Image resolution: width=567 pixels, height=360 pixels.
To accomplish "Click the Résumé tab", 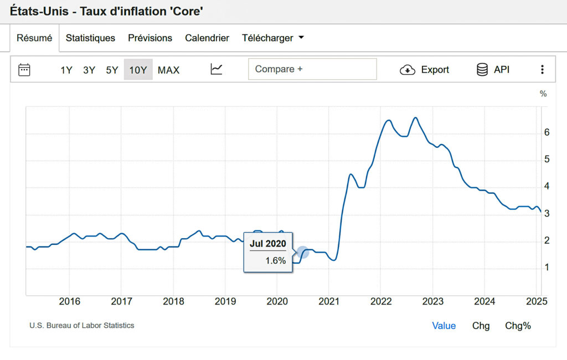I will click(34, 38).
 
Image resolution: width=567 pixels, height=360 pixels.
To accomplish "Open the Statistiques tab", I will click(90, 38).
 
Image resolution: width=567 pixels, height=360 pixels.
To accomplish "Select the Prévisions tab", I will click(150, 38).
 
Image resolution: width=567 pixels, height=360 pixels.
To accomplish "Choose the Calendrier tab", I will click(207, 38).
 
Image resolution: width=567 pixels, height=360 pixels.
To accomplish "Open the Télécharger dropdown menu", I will click(274, 38).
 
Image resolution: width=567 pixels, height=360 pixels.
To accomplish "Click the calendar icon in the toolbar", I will click(24, 70).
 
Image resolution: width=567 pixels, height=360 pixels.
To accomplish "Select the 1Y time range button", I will click(66, 70).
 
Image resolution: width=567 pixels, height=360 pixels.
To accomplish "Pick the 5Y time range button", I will click(112, 70).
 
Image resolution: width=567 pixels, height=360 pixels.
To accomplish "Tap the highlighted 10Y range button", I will click(138, 70).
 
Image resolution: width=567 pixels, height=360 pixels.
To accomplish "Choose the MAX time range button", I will click(168, 70).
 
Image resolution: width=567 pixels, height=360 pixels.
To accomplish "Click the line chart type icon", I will click(217, 70).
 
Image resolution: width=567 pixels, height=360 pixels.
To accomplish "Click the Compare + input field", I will click(312, 69).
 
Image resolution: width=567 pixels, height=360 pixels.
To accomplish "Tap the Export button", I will click(425, 70).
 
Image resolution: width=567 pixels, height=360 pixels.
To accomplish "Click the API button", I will click(493, 70).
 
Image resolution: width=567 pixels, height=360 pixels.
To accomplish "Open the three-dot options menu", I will click(542, 70).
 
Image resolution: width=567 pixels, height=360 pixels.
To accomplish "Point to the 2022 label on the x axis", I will click(381, 302).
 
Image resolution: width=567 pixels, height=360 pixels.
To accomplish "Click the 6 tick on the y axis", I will click(547, 132).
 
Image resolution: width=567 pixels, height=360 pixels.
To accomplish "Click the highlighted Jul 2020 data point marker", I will click(302, 253).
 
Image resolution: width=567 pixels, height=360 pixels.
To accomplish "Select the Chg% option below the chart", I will click(518, 326).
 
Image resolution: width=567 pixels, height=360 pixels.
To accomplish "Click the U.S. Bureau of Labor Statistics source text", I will click(82, 326).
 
